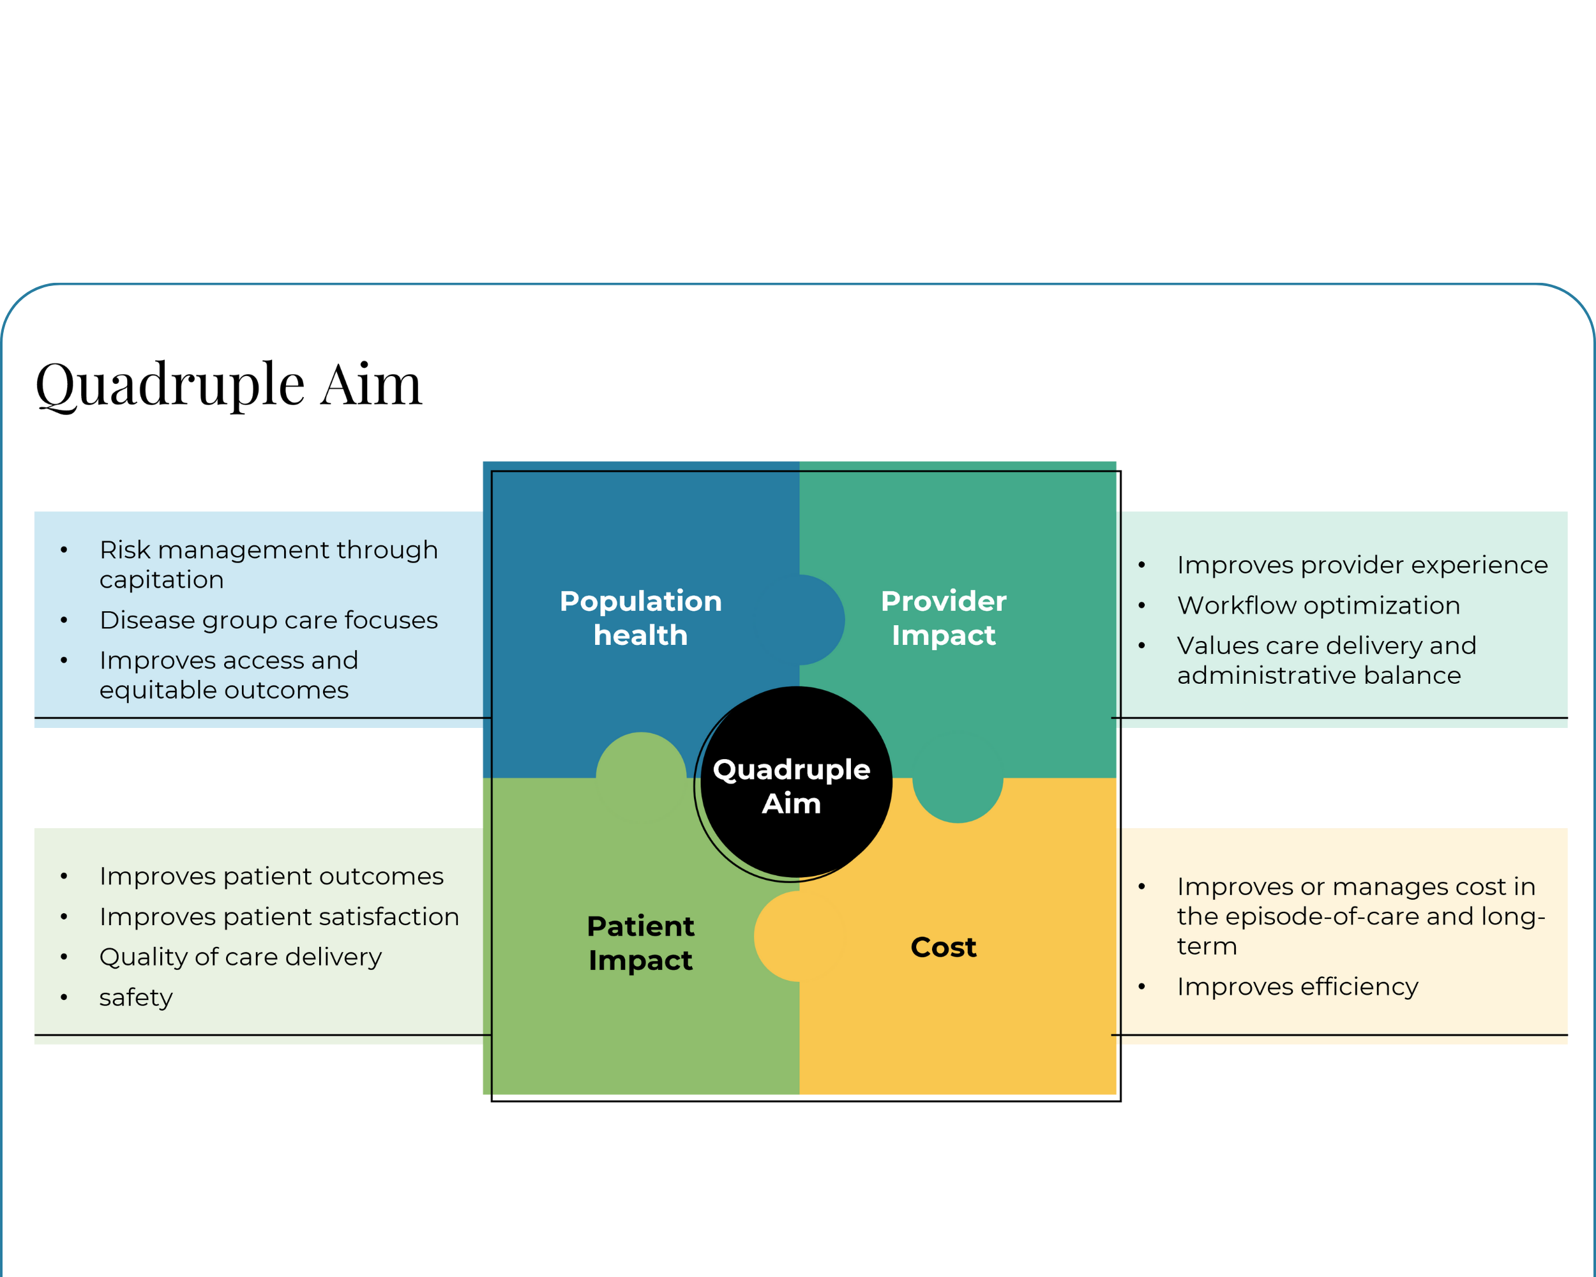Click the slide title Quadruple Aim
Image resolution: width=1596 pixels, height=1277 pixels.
[229, 384]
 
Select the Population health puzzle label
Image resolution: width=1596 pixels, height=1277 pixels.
[640, 618]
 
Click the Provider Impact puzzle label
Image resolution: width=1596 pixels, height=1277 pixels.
[943, 618]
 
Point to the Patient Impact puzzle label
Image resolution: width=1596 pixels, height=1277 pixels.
[640, 943]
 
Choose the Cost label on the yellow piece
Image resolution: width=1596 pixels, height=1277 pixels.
[943, 948]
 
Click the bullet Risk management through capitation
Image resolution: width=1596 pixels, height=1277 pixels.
[269, 564]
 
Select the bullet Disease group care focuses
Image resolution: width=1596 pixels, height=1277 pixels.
[269, 619]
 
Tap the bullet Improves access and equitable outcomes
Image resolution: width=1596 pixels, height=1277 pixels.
[229, 674]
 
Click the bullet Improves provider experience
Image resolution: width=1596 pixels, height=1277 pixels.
[1362, 565]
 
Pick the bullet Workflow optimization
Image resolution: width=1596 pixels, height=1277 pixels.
[1318, 605]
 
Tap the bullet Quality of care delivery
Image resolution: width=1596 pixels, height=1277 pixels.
[241, 957]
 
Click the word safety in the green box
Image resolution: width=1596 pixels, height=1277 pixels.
[136, 997]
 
